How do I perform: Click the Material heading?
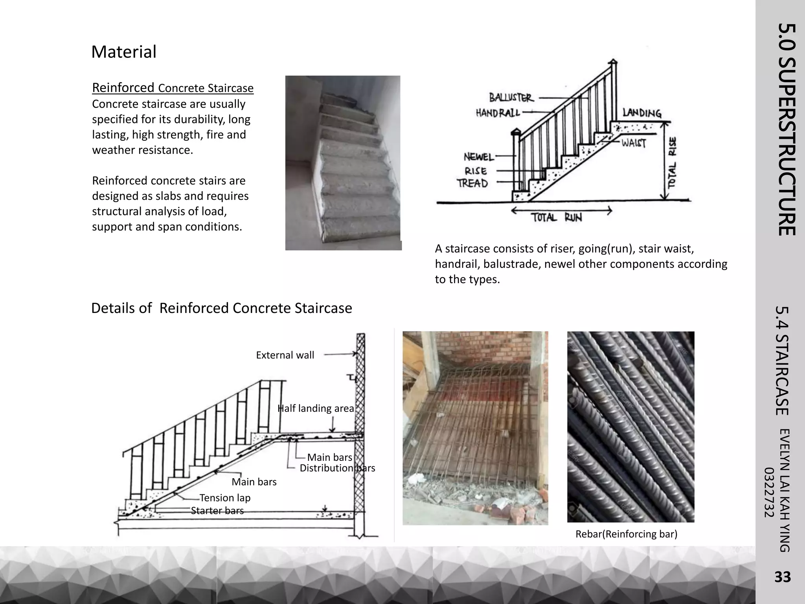pyautogui.click(x=124, y=52)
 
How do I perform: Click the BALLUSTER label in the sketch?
pyautogui.click(x=511, y=97)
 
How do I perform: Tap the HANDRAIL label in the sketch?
pyautogui.click(x=498, y=113)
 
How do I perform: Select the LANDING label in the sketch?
pyautogui.click(x=642, y=113)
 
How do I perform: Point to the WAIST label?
pyautogui.click(x=634, y=143)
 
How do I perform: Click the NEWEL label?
pyautogui.click(x=479, y=157)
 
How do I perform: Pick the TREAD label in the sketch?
pyautogui.click(x=472, y=183)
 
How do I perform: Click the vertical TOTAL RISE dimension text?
pyautogui.click(x=673, y=162)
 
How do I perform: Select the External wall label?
pyautogui.click(x=285, y=355)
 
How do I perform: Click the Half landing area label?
pyautogui.click(x=316, y=409)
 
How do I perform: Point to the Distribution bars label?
pyautogui.click(x=337, y=468)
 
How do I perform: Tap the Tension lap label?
pyautogui.click(x=225, y=498)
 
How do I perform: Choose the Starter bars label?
pyautogui.click(x=217, y=510)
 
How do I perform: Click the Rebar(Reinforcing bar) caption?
pyautogui.click(x=626, y=534)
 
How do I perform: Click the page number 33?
pyautogui.click(x=782, y=577)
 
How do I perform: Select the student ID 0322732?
pyautogui.click(x=769, y=493)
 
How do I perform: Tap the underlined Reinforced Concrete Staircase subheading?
pyautogui.click(x=173, y=88)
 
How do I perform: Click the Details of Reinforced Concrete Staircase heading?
pyautogui.click(x=221, y=308)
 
